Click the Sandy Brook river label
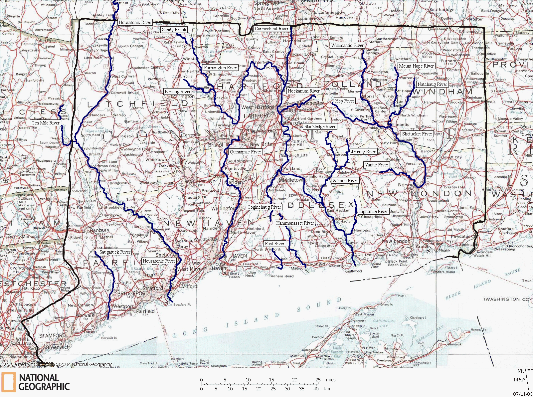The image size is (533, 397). click(x=174, y=30)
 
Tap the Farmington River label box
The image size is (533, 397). click(x=221, y=68)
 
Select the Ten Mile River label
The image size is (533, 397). click(x=46, y=123)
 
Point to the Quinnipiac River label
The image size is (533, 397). click(x=246, y=152)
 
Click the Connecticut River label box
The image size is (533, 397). click(x=271, y=29)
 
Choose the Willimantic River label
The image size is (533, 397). click(x=347, y=45)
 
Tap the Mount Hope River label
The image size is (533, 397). click(x=416, y=66)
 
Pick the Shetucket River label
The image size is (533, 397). click(x=417, y=134)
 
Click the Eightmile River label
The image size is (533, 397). click(x=373, y=211)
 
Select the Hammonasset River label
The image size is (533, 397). click(x=295, y=223)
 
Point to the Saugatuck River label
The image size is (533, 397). click(x=115, y=252)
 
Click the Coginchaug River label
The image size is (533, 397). click(x=264, y=207)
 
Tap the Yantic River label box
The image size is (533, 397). click(x=376, y=165)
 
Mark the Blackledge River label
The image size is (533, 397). click(x=320, y=126)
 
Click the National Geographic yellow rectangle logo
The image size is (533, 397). click(x=8, y=382)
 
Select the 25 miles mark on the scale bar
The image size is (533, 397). click(x=318, y=380)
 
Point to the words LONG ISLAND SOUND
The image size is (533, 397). click(x=256, y=319)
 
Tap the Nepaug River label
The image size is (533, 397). click(x=178, y=92)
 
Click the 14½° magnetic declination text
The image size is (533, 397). click(x=519, y=379)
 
